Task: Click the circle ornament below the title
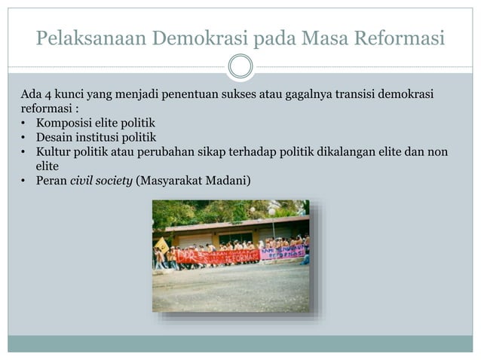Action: pos(240,66)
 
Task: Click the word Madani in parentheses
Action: pos(231,180)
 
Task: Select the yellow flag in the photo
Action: pos(161,245)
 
